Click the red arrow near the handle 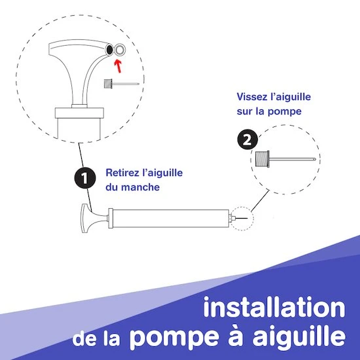pyautogui.click(x=118, y=66)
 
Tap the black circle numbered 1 pyautogui.click(x=85, y=178)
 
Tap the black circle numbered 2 pyautogui.click(x=247, y=139)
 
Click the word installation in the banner pyautogui.click(x=274, y=307)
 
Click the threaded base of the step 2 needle pyautogui.click(x=262, y=158)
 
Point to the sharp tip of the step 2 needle pyautogui.click(x=315, y=159)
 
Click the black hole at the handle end pyautogui.click(x=110, y=49)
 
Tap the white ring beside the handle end pyautogui.click(x=119, y=50)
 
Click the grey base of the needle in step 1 pyautogui.click(x=108, y=84)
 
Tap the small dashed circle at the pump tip pyautogui.click(x=242, y=219)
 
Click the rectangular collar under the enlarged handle pyautogui.click(x=79, y=113)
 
